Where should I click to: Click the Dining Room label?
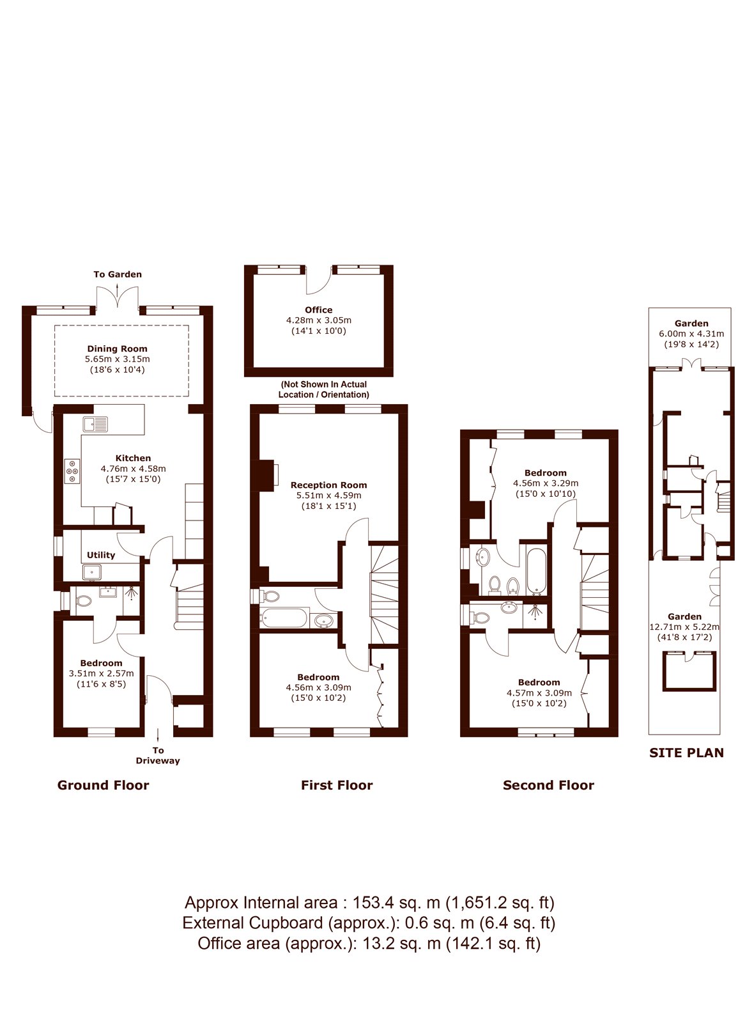(x=118, y=348)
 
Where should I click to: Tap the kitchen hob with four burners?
(x=72, y=471)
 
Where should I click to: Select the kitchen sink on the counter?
(x=95, y=424)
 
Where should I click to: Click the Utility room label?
(x=101, y=555)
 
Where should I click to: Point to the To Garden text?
(x=118, y=274)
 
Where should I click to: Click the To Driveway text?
(x=158, y=755)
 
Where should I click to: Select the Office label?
(x=319, y=309)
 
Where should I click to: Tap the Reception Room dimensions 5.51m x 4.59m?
(x=328, y=495)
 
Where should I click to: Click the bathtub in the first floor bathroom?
(x=284, y=618)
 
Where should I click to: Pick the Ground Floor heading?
(x=103, y=785)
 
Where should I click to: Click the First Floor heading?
(x=337, y=785)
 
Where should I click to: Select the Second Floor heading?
(x=549, y=785)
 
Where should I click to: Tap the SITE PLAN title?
(x=686, y=753)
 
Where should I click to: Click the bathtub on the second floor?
(x=537, y=570)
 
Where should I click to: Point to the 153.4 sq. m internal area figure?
(x=396, y=902)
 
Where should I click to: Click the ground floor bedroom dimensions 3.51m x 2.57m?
(x=102, y=673)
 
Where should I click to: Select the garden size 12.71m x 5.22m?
(x=684, y=627)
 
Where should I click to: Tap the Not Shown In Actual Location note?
(x=323, y=389)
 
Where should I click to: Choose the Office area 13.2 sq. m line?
(x=369, y=943)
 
